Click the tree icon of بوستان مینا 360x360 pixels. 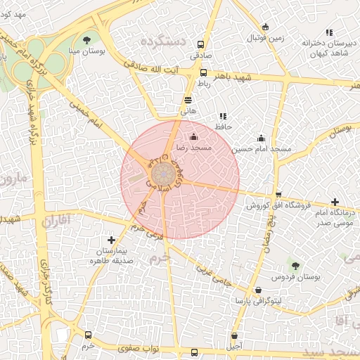(x=87, y=40)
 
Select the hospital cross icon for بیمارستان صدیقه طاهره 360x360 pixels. (x=111, y=240)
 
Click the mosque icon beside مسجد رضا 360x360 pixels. (x=194, y=136)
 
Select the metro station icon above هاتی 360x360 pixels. (x=188, y=100)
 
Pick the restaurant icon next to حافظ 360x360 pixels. (x=223, y=116)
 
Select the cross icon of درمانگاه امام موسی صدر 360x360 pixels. (x=335, y=202)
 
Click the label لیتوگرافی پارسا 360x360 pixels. (x=259, y=301)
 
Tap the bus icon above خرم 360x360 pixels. (x=88, y=335)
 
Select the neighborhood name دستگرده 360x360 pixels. (x=163, y=43)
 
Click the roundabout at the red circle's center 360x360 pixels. (x=163, y=174)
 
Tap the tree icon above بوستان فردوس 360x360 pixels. (x=296, y=266)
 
